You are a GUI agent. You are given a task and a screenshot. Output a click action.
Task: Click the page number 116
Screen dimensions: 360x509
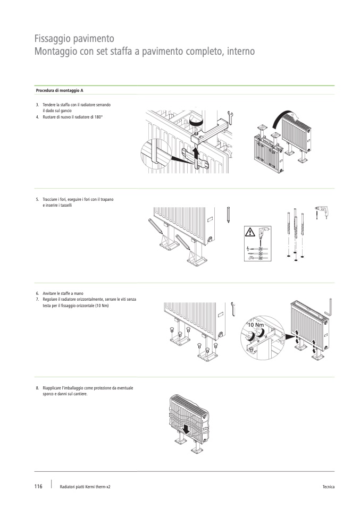[x=38, y=486]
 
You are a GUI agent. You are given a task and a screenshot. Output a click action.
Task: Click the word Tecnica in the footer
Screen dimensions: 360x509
[x=328, y=487]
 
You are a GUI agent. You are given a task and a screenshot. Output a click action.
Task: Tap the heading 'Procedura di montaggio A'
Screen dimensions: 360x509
[x=60, y=90]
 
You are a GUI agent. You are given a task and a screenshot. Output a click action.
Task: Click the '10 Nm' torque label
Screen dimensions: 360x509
[x=256, y=325]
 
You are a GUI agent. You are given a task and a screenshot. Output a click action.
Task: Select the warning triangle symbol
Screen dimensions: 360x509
[x=250, y=232]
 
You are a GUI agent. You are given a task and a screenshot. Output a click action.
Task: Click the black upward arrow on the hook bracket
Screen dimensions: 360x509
[x=196, y=154]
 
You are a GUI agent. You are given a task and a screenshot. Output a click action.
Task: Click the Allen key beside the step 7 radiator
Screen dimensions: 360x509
[x=328, y=307]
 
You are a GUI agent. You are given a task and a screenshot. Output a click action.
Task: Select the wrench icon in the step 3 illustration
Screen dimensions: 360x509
[x=231, y=117]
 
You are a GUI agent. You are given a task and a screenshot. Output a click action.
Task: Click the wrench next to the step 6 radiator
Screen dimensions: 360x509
[x=232, y=309]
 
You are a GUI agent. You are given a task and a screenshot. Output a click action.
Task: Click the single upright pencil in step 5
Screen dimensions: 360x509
[x=229, y=214]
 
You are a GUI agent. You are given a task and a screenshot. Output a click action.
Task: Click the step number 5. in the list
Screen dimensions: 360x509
[x=37, y=199]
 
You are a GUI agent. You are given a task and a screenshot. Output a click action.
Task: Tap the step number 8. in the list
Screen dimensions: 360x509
[x=37, y=388]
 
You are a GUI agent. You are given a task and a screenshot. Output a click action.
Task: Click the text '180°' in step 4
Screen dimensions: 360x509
[x=98, y=117]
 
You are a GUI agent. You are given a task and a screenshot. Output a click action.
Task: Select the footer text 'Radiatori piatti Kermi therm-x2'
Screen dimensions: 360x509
[x=85, y=487]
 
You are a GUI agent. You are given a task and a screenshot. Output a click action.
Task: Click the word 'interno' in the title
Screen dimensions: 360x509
[x=241, y=52]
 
